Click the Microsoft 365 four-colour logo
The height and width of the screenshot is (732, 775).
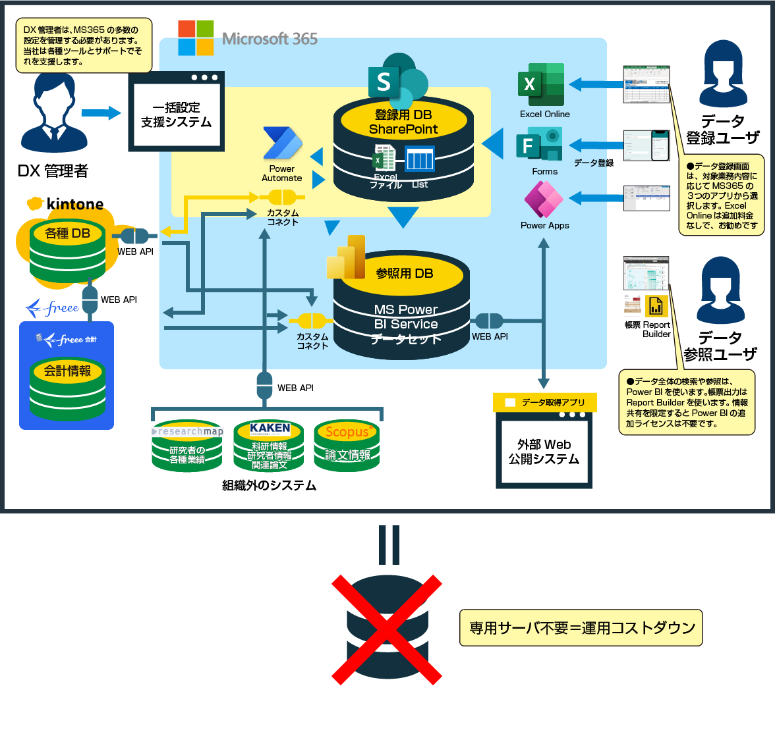[196, 38]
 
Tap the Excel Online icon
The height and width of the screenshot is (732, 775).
[542, 85]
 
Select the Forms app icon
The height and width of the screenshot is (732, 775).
[540, 145]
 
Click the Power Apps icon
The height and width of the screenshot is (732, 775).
[544, 199]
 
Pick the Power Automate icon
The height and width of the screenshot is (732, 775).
[282, 144]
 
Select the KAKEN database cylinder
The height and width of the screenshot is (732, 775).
[269, 447]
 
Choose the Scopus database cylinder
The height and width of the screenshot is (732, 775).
[347, 447]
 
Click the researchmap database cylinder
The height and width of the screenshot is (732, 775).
[187, 447]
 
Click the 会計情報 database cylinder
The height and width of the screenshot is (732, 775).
[67, 389]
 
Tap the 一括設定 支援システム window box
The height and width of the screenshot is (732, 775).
[176, 112]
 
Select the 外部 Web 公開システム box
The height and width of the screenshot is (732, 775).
[544, 451]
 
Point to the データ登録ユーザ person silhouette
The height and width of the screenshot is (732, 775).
[722, 76]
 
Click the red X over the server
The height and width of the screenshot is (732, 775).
[387, 629]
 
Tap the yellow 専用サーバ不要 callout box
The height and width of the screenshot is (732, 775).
[581, 628]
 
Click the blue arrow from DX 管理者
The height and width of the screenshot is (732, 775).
[101, 113]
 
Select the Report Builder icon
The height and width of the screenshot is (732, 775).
[656, 306]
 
